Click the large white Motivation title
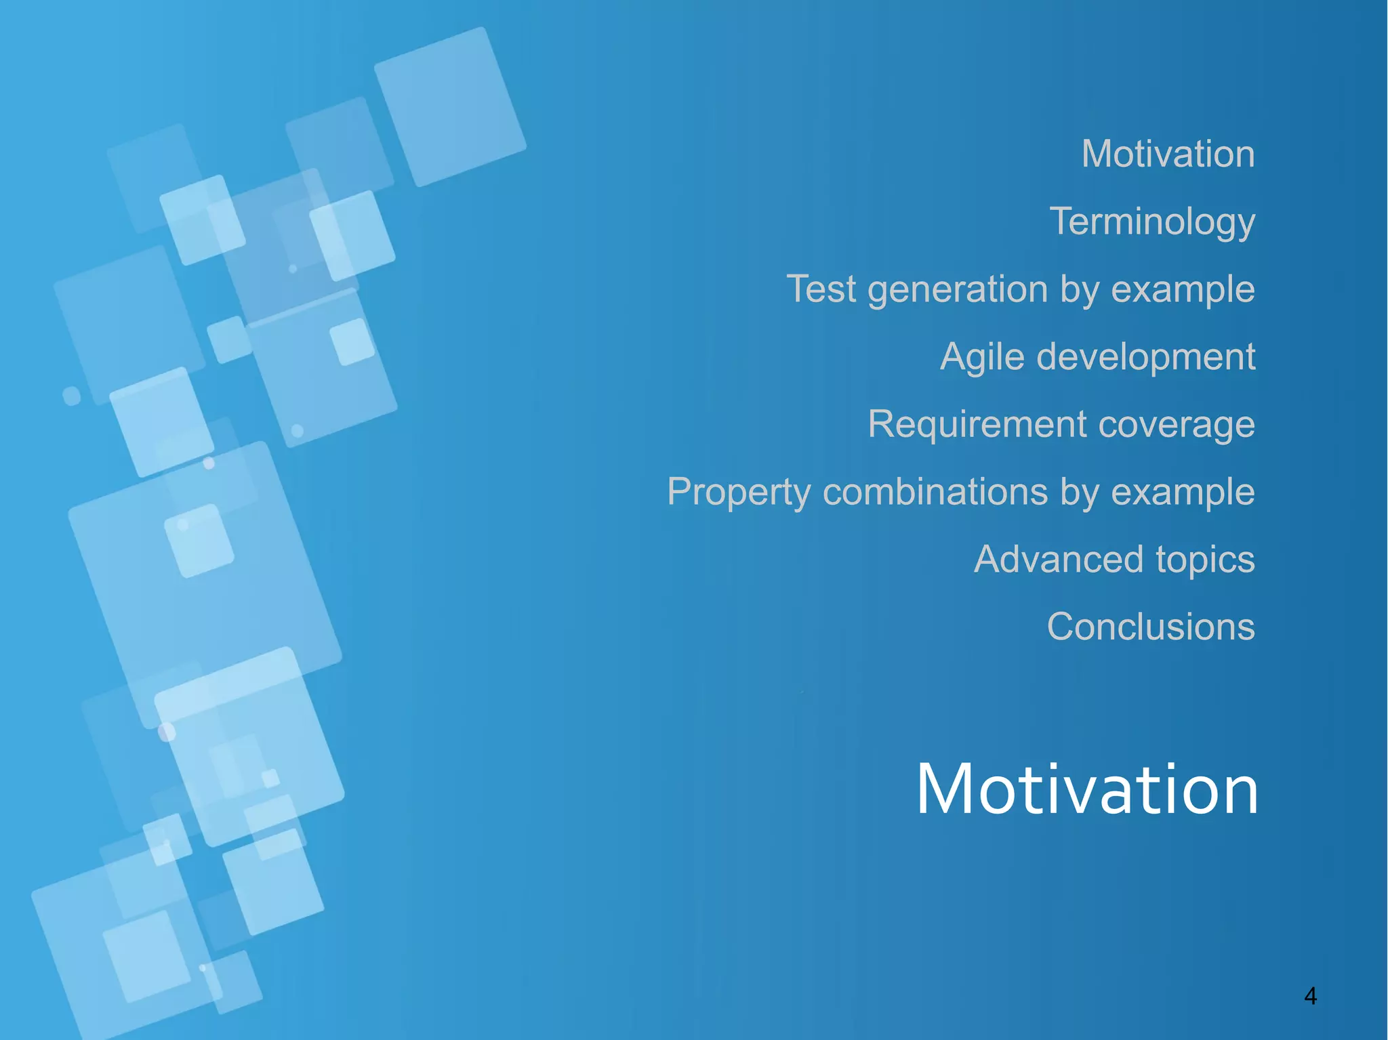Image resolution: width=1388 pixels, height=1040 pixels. pyautogui.click(x=1086, y=789)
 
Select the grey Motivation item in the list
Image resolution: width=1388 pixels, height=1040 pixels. pyautogui.click(x=1168, y=154)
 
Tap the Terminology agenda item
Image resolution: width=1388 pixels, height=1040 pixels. pyautogui.click(x=1152, y=222)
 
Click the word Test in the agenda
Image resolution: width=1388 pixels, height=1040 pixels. pyautogui.click(x=821, y=289)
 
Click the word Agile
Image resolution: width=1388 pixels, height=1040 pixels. pyautogui.click(x=982, y=357)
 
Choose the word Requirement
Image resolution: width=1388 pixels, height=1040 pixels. pyautogui.click(x=977, y=425)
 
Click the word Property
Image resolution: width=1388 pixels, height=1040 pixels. pyautogui.click(x=738, y=493)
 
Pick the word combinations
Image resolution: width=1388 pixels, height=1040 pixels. pyautogui.click(x=935, y=492)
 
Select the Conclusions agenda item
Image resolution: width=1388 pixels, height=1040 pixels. pyautogui.click(x=1151, y=627)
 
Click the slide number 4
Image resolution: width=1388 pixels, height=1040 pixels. pyautogui.click(x=1310, y=996)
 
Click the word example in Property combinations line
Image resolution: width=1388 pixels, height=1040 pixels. pyautogui.click(x=1183, y=493)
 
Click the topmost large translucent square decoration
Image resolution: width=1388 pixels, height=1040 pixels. pyautogui.click(x=449, y=107)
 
